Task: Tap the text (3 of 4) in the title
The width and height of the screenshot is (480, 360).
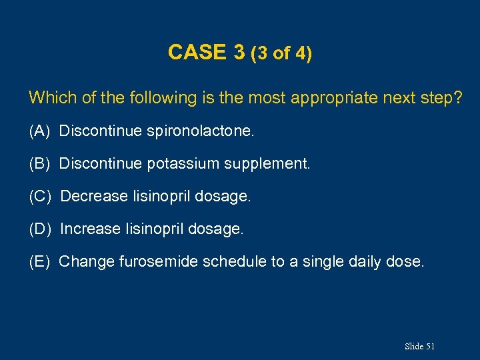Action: click(x=281, y=53)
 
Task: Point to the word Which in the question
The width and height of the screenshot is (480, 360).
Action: click(x=52, y=98)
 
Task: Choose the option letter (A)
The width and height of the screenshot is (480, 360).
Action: click(x=40, y=131)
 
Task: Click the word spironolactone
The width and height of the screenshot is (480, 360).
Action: click(x=201, y=131)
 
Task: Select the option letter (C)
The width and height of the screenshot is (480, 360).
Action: click(x=40, y=197)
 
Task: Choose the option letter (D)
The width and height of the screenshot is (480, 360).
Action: click(x=40, y=229)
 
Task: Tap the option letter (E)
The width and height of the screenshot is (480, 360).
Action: click(x=40, y=262)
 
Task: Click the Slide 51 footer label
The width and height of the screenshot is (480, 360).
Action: click(x=419, y=346)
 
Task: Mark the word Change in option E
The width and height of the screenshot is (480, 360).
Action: click(x=87, y=262)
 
